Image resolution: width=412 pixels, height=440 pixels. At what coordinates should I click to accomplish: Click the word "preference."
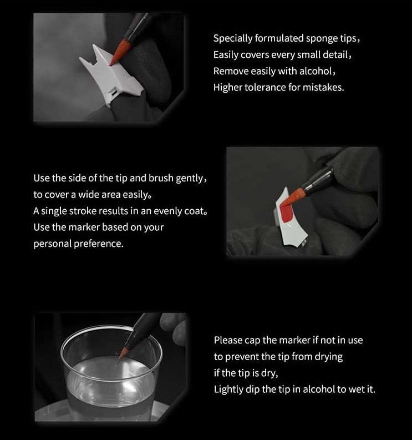coord(99,244)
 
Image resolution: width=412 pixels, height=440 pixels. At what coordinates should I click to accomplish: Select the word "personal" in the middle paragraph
coord(52,244)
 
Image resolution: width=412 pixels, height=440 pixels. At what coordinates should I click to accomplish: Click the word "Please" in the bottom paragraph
coord(228,340)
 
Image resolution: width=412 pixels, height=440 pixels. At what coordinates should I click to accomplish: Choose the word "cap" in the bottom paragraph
coord(252,341)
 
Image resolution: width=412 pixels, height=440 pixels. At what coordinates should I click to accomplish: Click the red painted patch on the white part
coord(287,214)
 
